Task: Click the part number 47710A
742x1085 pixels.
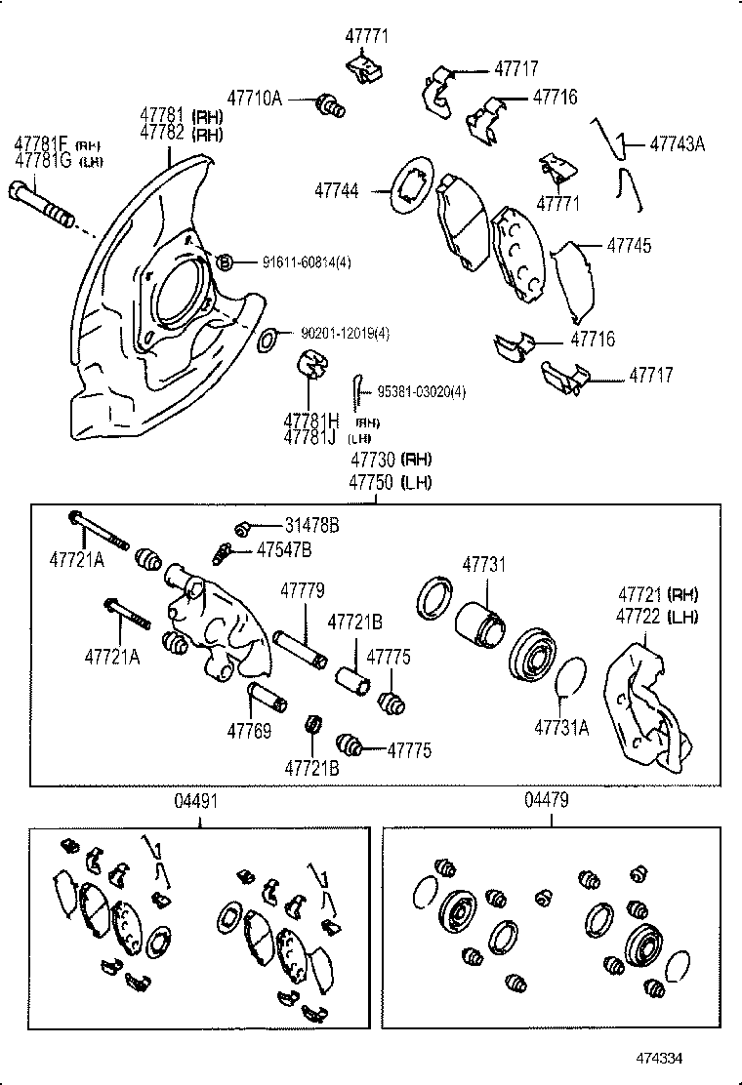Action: [x=255, y=98]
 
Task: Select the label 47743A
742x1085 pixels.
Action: [x=677, y=143]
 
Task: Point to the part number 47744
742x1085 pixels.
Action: [x=337, y=191]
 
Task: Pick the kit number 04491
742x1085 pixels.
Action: [x=197, y=800]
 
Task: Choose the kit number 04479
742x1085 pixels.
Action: [x=547, y=800]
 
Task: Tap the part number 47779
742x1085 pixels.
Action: [x=303, y=590]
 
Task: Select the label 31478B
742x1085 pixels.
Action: [x=312, y=526]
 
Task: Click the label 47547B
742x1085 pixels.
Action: [x=284, y=550]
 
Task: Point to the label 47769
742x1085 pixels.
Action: [x=250, y=729]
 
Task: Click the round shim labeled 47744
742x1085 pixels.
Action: [x=409, y=184]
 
